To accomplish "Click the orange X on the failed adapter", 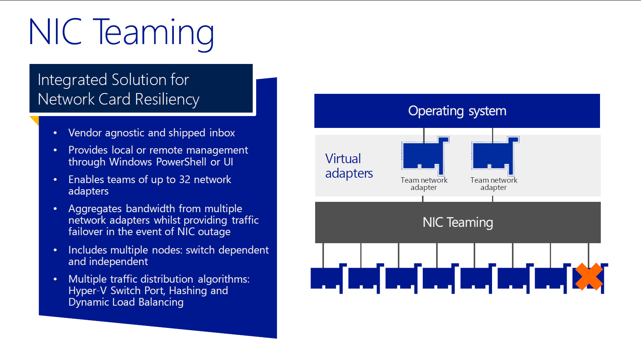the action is (x=589, y=277).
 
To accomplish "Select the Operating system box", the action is (x=457, y=111).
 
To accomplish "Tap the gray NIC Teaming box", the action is (x=458, y=223).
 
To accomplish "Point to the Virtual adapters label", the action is (x=349, y=166).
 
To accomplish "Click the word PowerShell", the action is (x=181, y=162).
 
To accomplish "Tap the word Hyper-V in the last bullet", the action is (x=88, y=291).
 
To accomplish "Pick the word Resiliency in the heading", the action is (x=167, y=100).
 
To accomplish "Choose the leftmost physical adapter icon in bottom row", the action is (x=328, y=278).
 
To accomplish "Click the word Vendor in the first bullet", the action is (x=85, y=133).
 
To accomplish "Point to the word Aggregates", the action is (x=95, y=209).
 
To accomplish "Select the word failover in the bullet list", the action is (x=85, y=231).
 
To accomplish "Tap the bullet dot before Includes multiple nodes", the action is (x=55, y=250).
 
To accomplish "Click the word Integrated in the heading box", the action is (x=72, y=80).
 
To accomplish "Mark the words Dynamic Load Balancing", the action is (x=126, y=303).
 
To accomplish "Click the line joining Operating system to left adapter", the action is (x=424, y=135).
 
